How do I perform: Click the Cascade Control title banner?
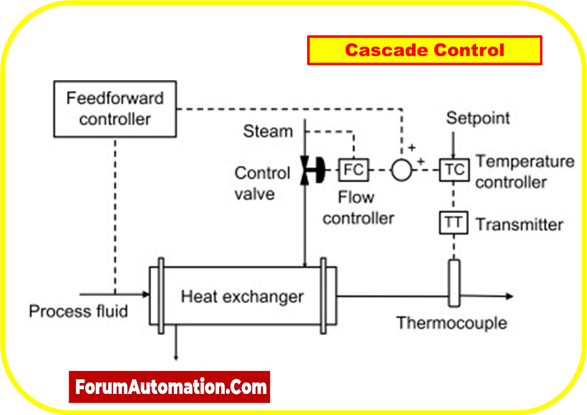(424, 51)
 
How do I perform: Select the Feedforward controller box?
(116, 108)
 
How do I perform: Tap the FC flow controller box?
(353, 170)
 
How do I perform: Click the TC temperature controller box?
(454, 170)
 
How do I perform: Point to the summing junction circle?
(402, 170)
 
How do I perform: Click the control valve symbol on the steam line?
(309, 170)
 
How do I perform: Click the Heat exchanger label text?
(242, 296)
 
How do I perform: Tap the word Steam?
(268, 131)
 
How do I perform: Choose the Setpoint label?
(478, 118)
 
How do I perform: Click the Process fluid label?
(78, 311)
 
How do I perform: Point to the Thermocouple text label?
(451, 323)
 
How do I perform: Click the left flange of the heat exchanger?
(160, 296)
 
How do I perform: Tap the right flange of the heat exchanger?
(323, 296)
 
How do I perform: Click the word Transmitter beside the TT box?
(519, 225)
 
